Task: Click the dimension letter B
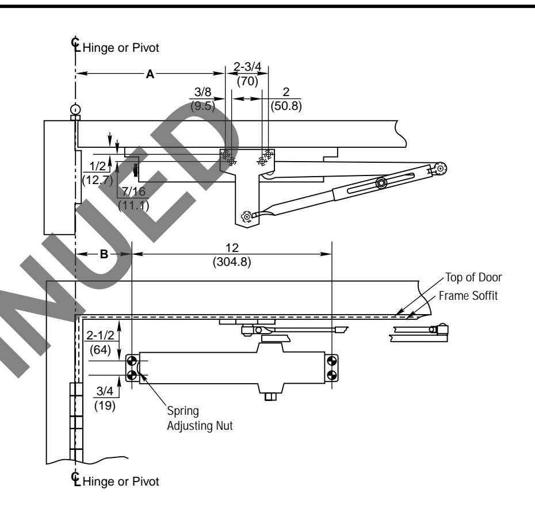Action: click(x=104, y=254)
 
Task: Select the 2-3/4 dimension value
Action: click(x=246, y=69)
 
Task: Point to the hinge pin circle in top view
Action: click(x=75, y=109)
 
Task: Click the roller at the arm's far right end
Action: click(x=441, y=167)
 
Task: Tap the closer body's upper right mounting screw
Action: click(x=331, y=361)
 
